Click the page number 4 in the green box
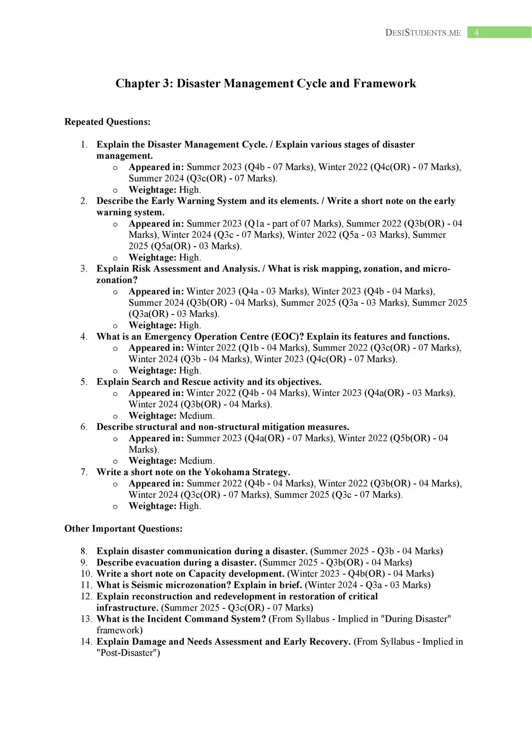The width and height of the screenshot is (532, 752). pyautogui.click(x=476, y=33)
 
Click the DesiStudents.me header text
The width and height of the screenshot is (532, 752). pyautogui.click(x=423, y=33)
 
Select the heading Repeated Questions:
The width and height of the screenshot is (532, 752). pyautogui.click(x=107, y=122)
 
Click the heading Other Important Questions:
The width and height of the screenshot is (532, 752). pyautogui.click(x=123, y=529)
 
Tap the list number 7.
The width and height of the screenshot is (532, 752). pyautogui.click(x=84, y=472)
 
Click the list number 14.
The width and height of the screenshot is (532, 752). pyautogui.click(x=86, y=642)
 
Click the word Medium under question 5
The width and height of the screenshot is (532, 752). pyautogui.click(x=196, y=416)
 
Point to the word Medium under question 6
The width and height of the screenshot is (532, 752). pyautogui.click(x=196, y=461)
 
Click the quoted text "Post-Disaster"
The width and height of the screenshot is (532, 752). pyautogui.click(x=128, y=653)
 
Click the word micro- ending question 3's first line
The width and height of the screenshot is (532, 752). pyautogui.click(x=436, y=269)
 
